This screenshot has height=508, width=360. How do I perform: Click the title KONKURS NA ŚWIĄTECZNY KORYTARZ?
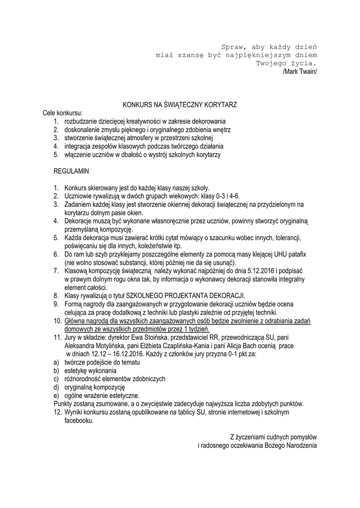coord(180,105)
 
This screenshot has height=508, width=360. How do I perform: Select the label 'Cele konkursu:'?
coord(63,113)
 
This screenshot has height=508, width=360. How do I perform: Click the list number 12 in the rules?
coord(57,412)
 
